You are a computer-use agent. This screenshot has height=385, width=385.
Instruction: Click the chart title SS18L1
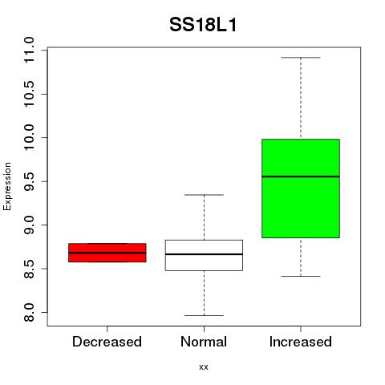click(203, 25)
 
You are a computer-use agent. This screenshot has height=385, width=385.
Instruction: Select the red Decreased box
click(107, 253)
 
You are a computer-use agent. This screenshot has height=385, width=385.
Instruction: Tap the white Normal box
click(204, 255)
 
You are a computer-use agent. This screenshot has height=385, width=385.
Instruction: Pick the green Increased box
click(301, 188)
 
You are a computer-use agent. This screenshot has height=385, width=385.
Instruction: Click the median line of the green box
click(301, 176)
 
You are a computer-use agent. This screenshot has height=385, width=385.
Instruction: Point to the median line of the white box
click(204, 254)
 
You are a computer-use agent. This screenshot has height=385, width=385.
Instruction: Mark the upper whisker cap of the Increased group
click(301, 58)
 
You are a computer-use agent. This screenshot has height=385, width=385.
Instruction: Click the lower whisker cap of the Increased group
click(301, 276)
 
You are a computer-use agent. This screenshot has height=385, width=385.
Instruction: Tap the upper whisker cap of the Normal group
click(204, 195)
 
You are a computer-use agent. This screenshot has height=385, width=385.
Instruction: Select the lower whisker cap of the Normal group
click(204, 315)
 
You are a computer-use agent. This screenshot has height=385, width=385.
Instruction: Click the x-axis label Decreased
click(107, 342)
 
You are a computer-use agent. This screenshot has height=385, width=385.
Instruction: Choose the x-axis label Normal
click(204, 342)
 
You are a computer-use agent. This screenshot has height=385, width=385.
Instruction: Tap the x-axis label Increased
click(301, 342)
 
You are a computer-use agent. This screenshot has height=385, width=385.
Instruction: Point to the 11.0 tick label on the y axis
click(29, 51)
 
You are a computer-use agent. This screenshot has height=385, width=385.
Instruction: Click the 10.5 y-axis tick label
click(29, 94)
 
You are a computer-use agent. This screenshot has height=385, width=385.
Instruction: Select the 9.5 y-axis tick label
click(29, 181)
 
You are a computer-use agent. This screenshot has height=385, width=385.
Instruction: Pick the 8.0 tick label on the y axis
click(29, 312)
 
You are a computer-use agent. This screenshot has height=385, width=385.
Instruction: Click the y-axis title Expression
click(7, 186)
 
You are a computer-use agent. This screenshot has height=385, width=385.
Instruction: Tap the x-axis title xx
click(204, 367)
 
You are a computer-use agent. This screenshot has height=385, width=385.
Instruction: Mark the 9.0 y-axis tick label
click(29, 225)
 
